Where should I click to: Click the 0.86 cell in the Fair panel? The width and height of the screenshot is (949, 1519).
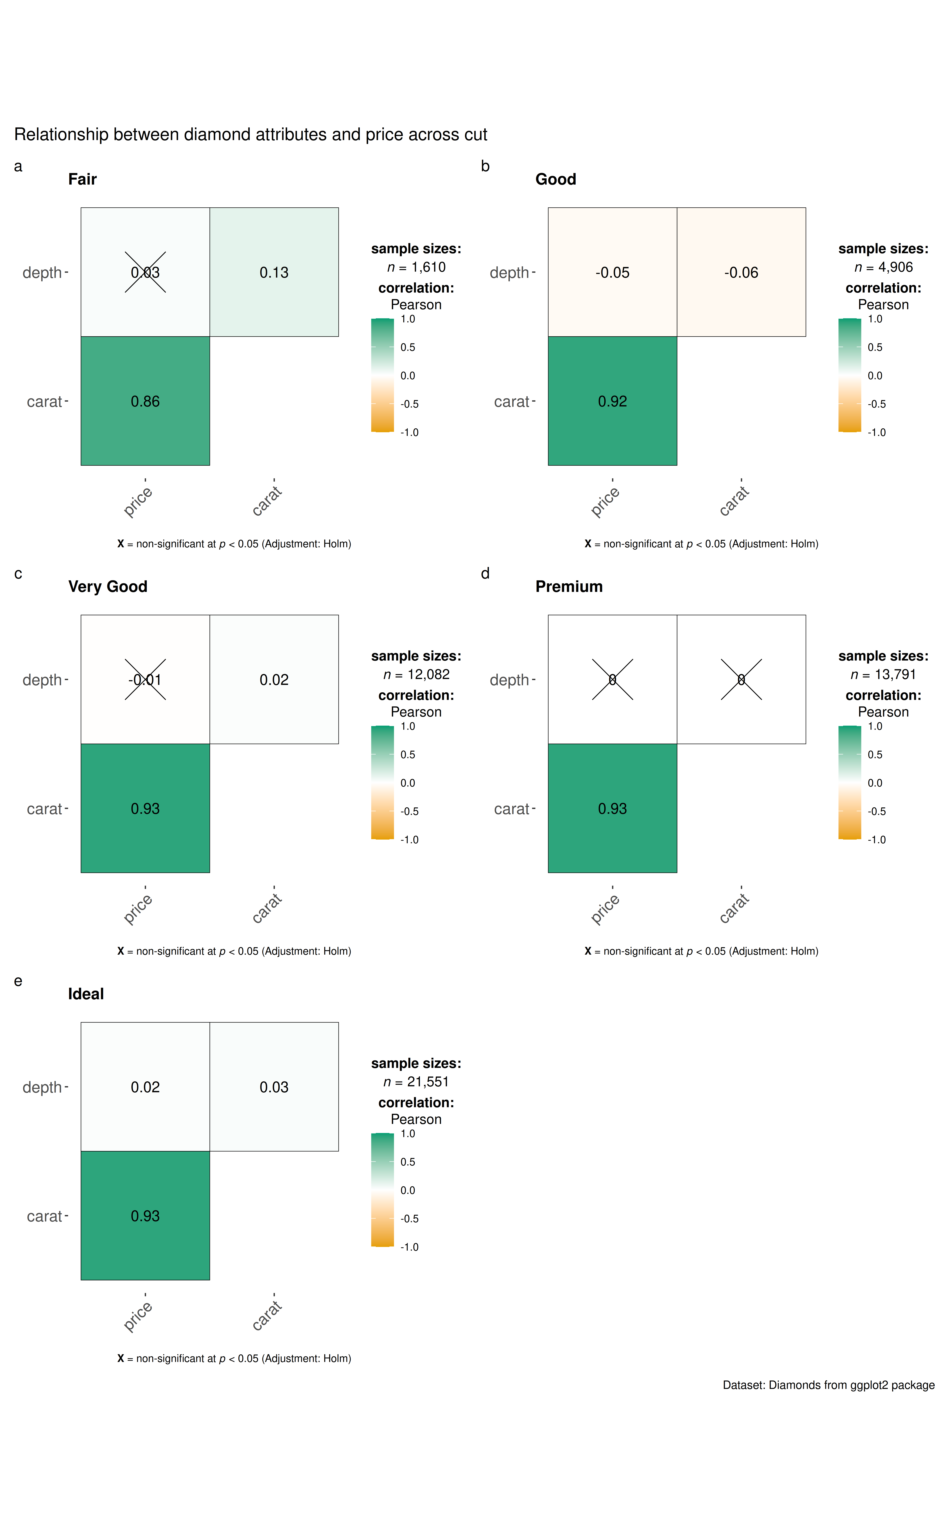(x=145, y=401)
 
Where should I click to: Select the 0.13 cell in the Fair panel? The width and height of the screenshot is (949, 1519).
(x=274, y=272)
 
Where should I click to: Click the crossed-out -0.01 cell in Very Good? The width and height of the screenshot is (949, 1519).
(x=145, y=680)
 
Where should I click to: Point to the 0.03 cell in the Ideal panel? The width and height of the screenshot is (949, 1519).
(x=274, y=1087)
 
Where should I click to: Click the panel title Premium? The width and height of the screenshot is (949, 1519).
(x=569, y=586)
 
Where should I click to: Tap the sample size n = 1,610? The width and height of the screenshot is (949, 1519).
(x=416, y=267)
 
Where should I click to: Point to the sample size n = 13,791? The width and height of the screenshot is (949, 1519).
(x=883, y=675)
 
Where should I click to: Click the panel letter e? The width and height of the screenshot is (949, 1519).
(x=18, y=981)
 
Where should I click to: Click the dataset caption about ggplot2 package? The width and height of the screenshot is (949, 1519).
(x=828, y=1385)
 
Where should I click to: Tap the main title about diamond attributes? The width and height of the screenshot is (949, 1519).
(x=250, y=134)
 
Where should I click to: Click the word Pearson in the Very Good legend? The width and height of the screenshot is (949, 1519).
(x=416, y=712)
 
